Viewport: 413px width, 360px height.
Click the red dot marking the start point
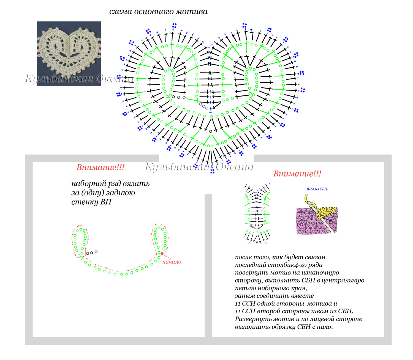click(162, 253)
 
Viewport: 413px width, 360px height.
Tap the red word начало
click(172, 262)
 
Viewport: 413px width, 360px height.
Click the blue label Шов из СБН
click(317, 189)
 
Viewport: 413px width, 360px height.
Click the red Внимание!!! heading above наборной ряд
click(100, 167)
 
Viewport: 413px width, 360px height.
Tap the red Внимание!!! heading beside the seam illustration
click(297, 174)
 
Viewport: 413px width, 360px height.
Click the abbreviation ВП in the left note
click(106, 202)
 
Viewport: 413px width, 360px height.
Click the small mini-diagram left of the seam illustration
click(257, 213)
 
